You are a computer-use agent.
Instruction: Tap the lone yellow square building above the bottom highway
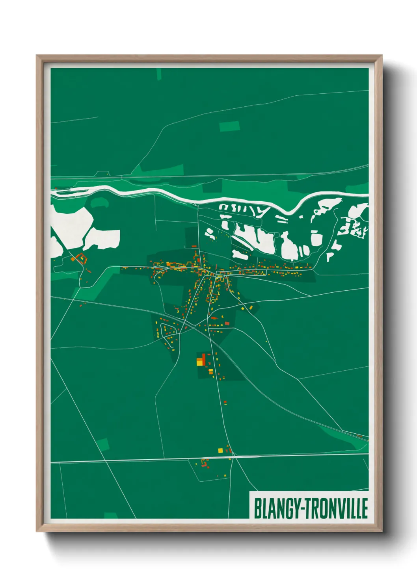220,450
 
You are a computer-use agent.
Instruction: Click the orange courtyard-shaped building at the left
81,259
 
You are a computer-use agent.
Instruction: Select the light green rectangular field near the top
229,126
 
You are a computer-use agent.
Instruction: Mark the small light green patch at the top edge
159,74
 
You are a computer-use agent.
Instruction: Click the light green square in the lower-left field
102,444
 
